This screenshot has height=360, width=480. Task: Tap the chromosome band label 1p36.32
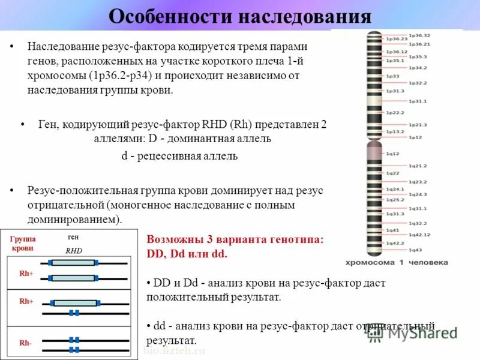point(419,36)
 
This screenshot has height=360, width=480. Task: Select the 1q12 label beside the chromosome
point(392,154)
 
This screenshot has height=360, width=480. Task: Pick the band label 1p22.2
point(394,112)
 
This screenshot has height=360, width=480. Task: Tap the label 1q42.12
point(420,235)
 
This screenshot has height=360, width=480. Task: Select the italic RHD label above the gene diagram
point(73,251)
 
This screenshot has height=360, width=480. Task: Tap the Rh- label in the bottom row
point(25,343)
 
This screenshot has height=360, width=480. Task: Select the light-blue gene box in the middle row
point(74,302)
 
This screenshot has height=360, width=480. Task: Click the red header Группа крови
point(23,243)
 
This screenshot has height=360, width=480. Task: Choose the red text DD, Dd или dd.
point(187,253)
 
